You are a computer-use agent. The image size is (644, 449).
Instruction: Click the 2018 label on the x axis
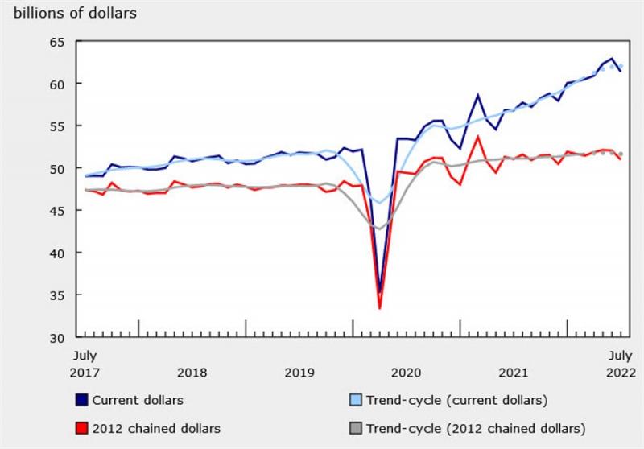click(192, 372)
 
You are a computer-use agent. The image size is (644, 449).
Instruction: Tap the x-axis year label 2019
click(299, 372)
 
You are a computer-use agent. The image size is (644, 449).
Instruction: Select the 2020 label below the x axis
click(406, 372)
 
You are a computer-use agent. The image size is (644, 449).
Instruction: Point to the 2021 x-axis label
click(513, 372)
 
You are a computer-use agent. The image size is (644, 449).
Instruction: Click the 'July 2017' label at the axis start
click(85, 364)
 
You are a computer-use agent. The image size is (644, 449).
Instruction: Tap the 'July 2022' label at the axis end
click(619, 364)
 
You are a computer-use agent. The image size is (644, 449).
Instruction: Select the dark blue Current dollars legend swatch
click(81, 400)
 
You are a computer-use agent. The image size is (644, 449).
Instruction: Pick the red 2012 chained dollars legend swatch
click(81, 428)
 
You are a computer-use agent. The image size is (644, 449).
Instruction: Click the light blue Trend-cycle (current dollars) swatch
click(354, 400)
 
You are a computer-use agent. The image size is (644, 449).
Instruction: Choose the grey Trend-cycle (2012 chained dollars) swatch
click(354, 428)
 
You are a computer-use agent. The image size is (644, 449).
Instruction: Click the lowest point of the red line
click(379, 307)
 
